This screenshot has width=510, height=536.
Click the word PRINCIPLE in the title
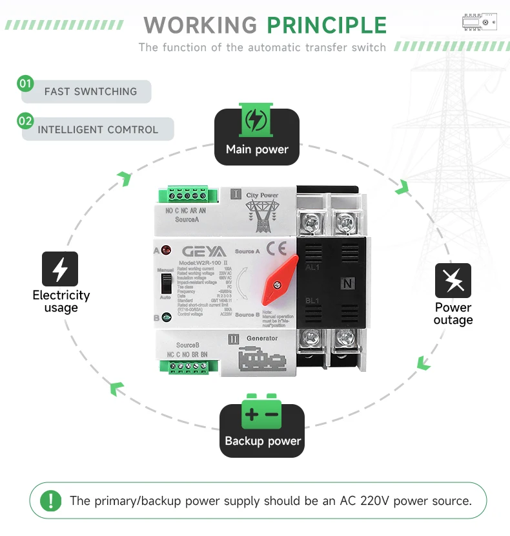pyautogui.click(x=327, y=25)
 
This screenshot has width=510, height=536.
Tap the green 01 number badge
pyautogui.click(x=26, y=83)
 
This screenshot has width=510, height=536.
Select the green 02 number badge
pyautogui.click(x=26, y=121)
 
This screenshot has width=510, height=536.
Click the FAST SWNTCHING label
pyautogui.click(x=90, y=92)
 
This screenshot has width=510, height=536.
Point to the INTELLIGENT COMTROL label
pyautogui.click(x=97, y=129)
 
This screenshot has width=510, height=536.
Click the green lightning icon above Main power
pyautogui.click(x=257, y=120)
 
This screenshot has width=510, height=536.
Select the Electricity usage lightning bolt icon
pyautogui.click(x=60, y=269)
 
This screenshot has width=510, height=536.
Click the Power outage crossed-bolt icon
pyautogui.click(x=453, y=281)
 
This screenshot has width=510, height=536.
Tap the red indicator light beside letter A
pyautogui.click(x=166, y=250)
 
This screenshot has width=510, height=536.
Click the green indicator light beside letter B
pyautogui.click(x=166, y=317)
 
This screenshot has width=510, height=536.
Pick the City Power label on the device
pyautogui.click(x=261, y=195)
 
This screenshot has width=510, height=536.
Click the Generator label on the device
pyautogui.click(x=261, y=338)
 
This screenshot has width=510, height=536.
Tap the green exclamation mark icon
pyautogui.click(x=51, y=500)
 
